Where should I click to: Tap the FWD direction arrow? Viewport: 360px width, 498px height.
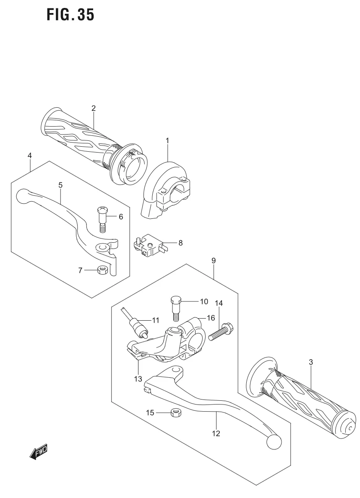coord(38,451)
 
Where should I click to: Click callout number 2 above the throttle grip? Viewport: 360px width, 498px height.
coord(94,108)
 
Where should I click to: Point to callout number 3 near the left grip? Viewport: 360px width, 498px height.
coord(310,362)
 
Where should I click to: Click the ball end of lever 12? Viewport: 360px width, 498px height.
coord(273,441)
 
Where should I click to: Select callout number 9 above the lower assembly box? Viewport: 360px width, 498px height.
coord(214,261)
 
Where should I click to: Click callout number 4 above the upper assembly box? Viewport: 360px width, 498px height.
coord(30,156)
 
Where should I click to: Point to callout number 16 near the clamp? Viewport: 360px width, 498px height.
coord(210,318)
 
